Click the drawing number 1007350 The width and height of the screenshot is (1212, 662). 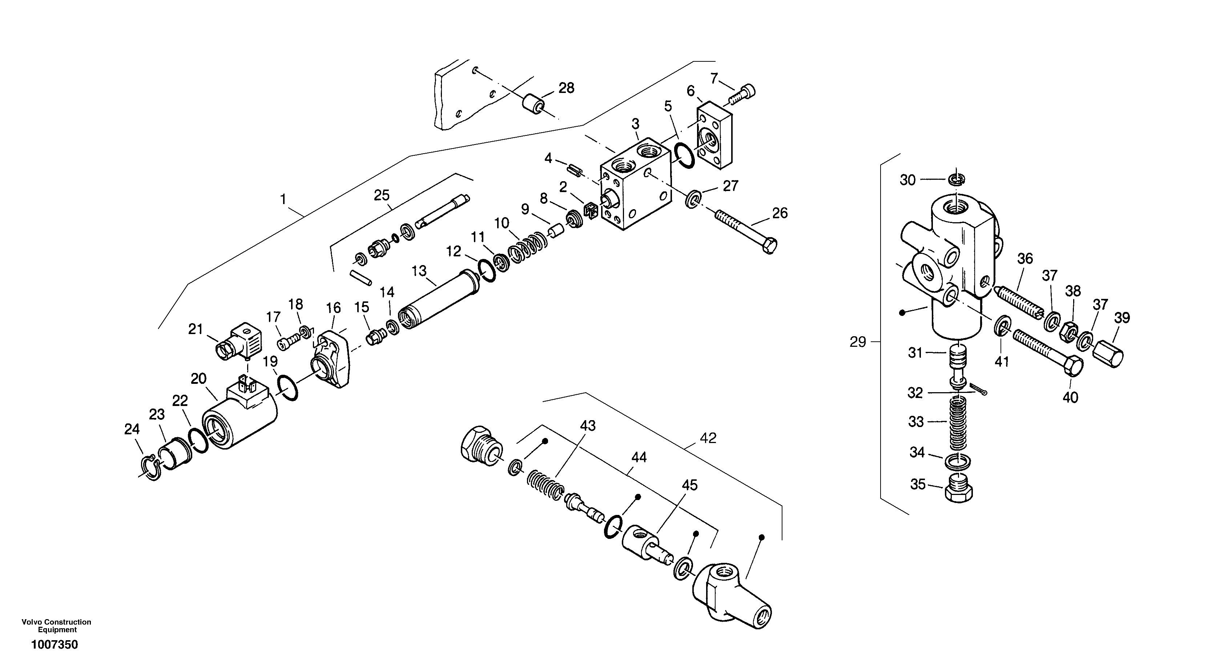pyautogui.click(x=55, y=645)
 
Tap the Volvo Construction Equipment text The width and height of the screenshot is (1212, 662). pyautogui.click(x=56, y=626)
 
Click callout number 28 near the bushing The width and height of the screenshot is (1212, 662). pyautogui.click(x=567, y=88)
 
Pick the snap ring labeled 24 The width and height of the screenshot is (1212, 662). pyautogui.click(x=152, y=468)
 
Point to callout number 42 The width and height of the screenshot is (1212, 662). pyautogui.click(x=708, y=438)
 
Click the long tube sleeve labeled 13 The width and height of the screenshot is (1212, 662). pyautogui.click(x=438, y=301)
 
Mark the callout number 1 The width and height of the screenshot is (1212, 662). pyautogui.click(x=283, y=200)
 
